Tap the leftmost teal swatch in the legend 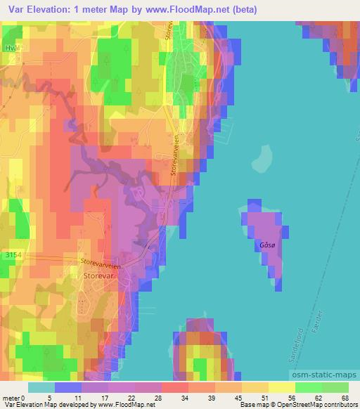pyautogui.click(x=41, y=387)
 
